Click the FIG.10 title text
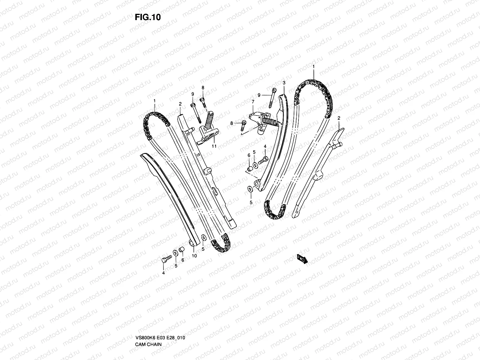tap(148, 17)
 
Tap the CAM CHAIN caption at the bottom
tap(148, 344)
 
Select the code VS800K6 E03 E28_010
tap(160, 338)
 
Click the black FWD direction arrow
tap(302, 259)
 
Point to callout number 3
tap(284, 83)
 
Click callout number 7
tap(253, 102)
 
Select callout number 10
tap(194, 256)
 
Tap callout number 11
tap(214, 146)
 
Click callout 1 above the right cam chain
tap(313, 66)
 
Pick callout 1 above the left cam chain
tap(154, 101)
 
